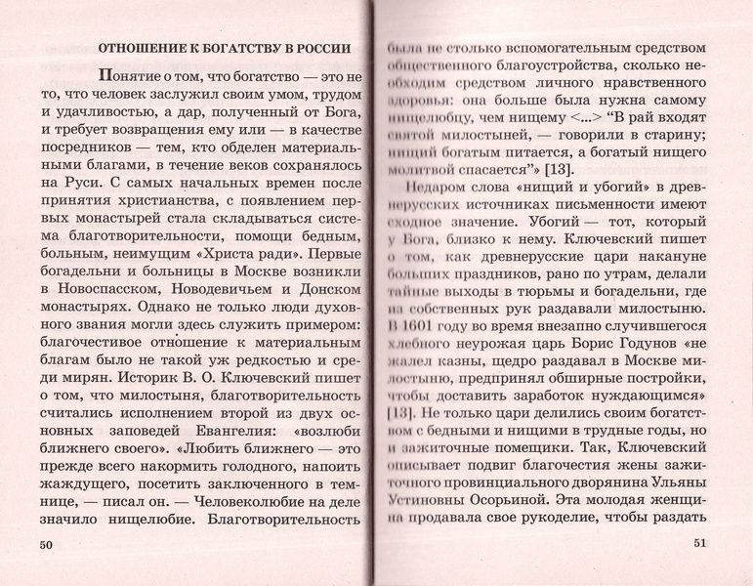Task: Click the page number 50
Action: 43,545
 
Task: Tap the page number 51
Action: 698,544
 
